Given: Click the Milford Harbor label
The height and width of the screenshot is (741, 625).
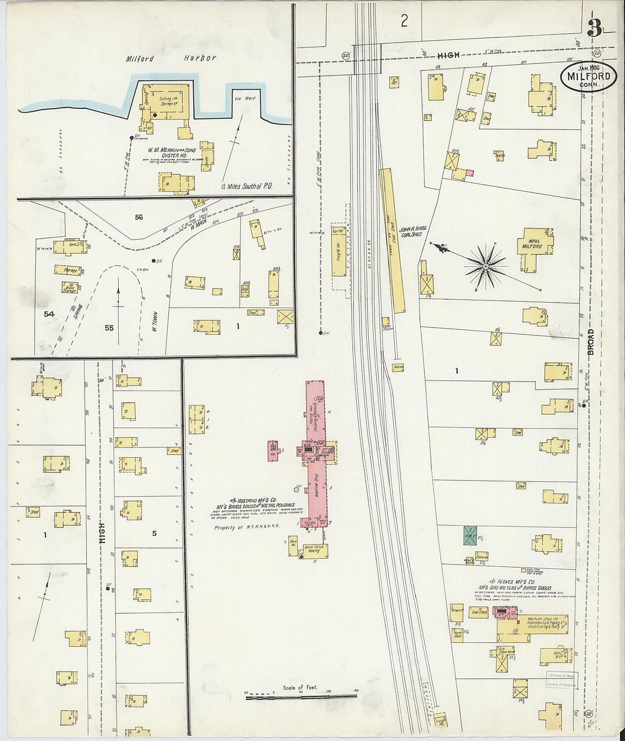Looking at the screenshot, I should [x=171, y=58].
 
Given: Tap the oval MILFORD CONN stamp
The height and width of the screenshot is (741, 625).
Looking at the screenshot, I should [x=589, y=77].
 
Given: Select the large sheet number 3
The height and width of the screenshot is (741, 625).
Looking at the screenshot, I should [x=594, y=28].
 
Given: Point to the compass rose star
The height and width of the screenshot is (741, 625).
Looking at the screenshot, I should [x=486, y=265].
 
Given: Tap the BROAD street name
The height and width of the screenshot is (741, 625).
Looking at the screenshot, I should [x=590, y=342].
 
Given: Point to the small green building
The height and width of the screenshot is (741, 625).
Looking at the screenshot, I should [x=470, y=535].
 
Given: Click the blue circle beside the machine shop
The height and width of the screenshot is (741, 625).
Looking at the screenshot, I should [x=296, y=489].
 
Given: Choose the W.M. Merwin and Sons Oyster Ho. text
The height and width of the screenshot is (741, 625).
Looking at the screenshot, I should [x=171, y=153].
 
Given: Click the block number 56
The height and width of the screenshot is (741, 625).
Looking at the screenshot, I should [x=139, y=217].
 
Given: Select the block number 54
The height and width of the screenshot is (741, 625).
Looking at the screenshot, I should [x=49, y=313].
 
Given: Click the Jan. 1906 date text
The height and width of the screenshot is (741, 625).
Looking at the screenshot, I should [x=589, y=62].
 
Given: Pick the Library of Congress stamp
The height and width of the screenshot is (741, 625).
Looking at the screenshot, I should [x=561, y=685].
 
